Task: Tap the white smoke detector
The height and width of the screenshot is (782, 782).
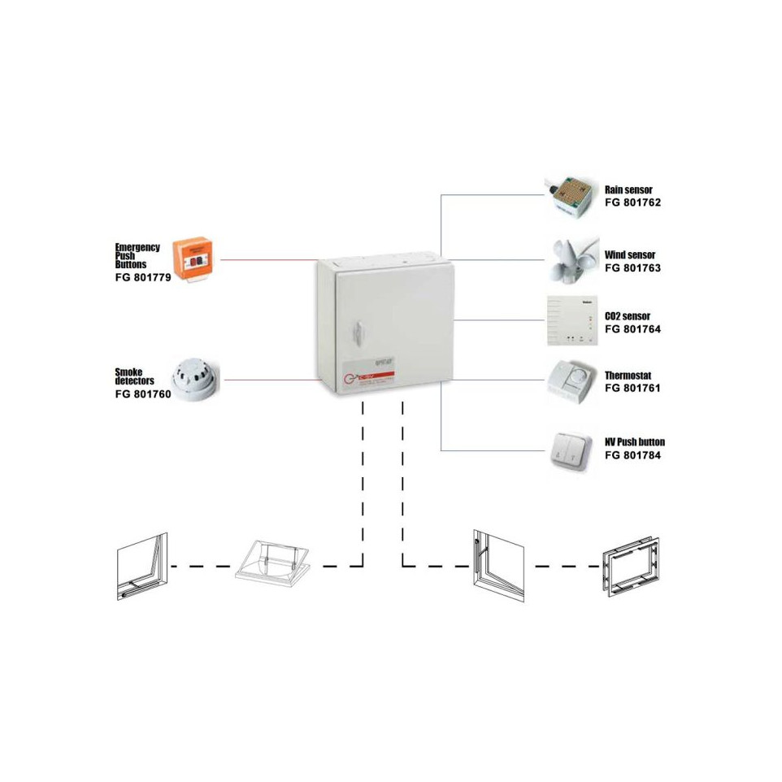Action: pos(195,378)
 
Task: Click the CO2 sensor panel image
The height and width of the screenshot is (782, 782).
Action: pos(574,320)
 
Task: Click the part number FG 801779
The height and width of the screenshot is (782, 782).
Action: pos(143,277)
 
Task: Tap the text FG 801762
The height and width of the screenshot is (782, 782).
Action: pos(632,202)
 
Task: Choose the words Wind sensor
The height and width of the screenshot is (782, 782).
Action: pos(629,254)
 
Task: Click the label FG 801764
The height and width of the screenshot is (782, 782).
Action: pos(632,329)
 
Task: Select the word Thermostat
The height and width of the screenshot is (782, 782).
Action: pos(628,376)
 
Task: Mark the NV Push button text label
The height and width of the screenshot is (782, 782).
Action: pos(634,442)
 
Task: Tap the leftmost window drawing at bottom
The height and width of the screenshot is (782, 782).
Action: pos(141,567)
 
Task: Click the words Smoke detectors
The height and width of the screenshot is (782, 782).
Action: pos(134,376)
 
